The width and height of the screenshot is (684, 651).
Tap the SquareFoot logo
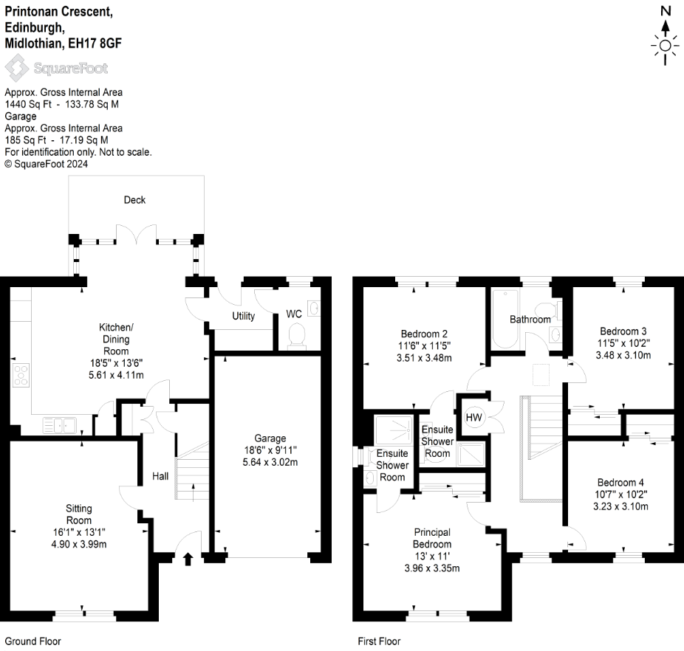pyautogui.click(x=56, y=69)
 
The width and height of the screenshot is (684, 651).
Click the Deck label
pyautogui.click(x=134, y=200)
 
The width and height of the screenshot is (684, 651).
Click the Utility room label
pyautogui.click(x=243, y=317)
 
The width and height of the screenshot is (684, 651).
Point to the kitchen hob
pyautogui.click(x=21, y=376)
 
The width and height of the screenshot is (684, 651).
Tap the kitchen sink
pyautogui.click(x=57, y=424)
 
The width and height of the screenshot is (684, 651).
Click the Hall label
pyautogui.click(x=160, y=477)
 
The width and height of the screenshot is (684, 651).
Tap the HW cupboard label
pyautogui.click(x=473, y=418)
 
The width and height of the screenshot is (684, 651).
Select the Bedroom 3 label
pyautogui.click(x=623, y=331)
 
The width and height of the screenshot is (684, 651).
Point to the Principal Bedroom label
pyautogui.click(x=432, y=538)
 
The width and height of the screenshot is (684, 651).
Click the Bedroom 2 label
pyautogui.click(x=425, y=334)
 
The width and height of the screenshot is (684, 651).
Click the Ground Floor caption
pyautogui.click(x=33, y=641)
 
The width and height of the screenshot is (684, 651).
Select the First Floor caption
pyautogui.click(x=379, y=641)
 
